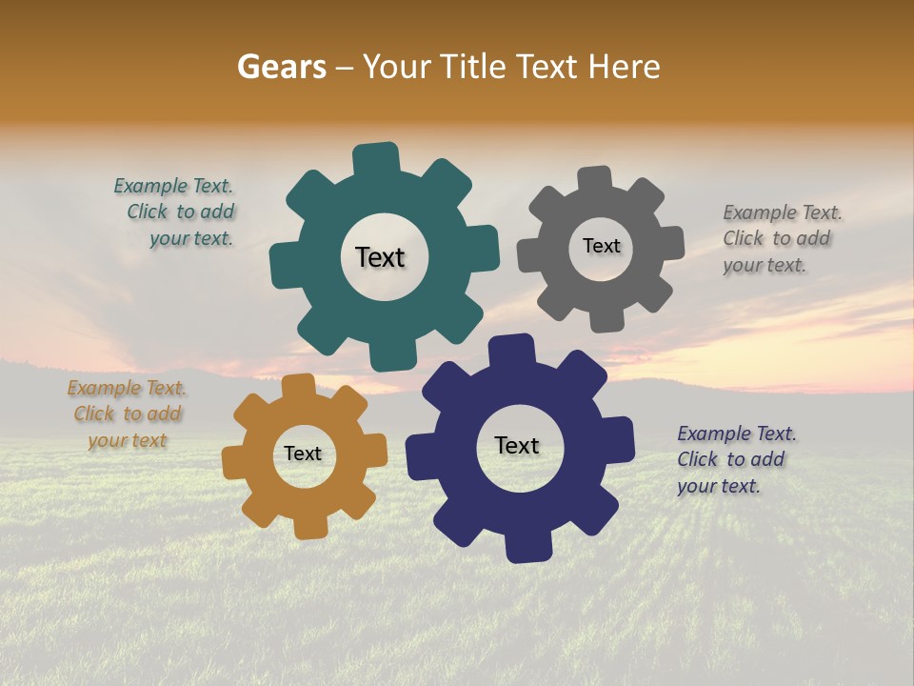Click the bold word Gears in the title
281,67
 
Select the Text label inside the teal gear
380,257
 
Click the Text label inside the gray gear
601,246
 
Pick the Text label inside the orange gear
303,454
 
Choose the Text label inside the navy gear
517,446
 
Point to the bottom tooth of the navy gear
527,548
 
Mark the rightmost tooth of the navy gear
620,441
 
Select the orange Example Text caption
127,414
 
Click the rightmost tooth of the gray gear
671,243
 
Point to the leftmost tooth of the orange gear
234,463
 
